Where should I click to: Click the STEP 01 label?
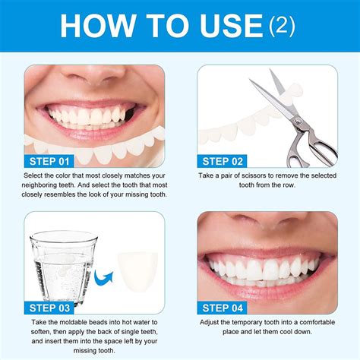50,161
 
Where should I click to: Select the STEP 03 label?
50,308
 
